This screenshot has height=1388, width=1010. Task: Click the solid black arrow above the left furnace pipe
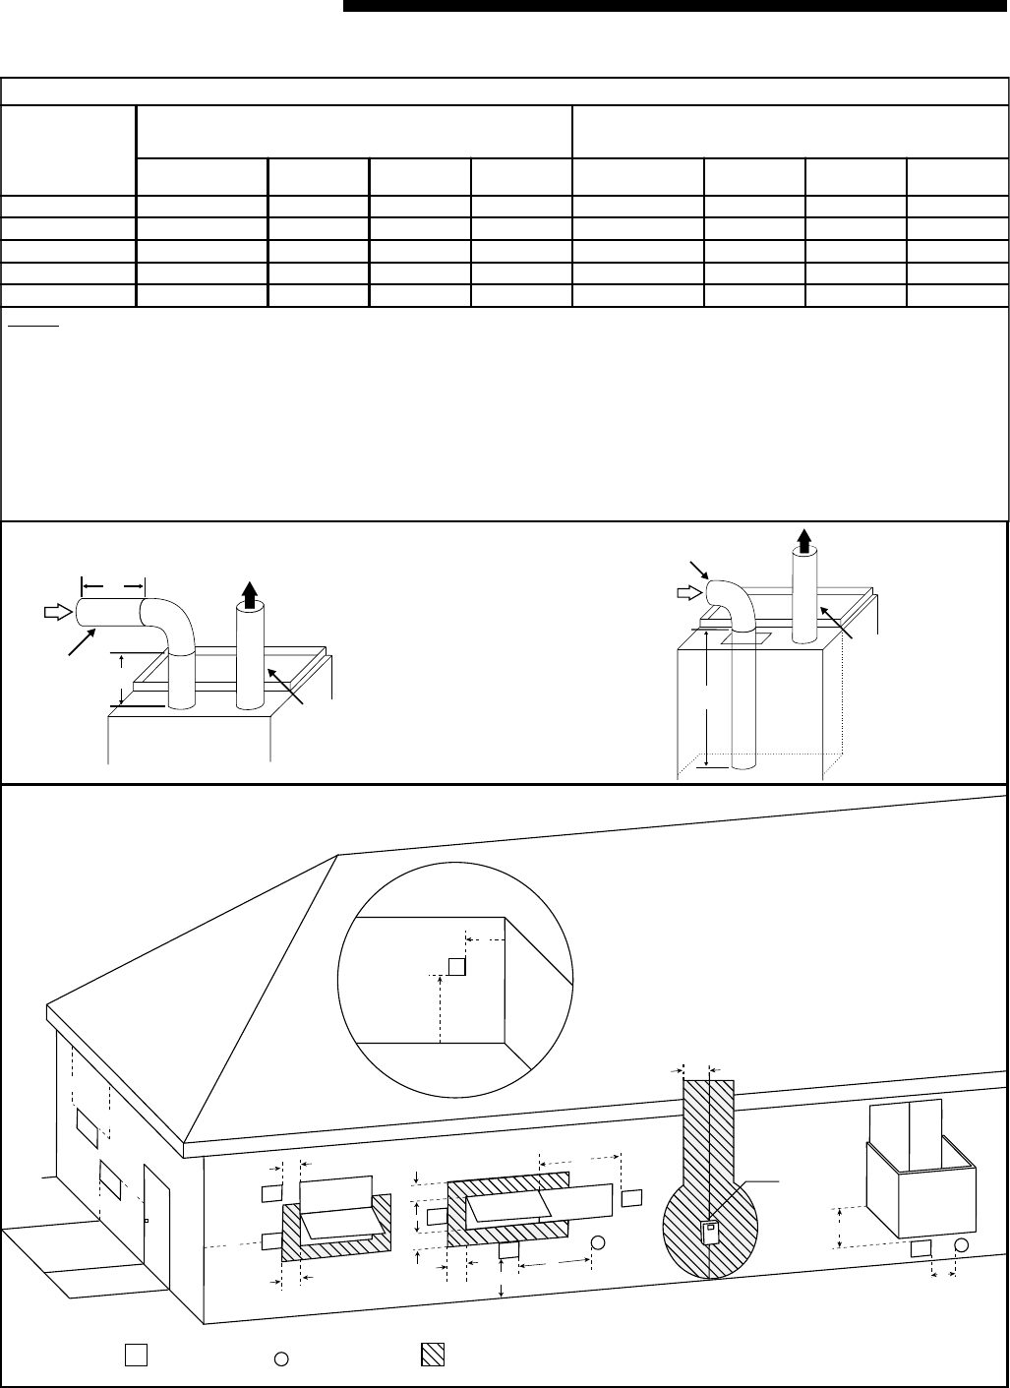point(249,595)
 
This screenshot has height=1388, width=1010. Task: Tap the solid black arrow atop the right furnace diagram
point(804,539)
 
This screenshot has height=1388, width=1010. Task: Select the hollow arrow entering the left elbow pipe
point(56,611)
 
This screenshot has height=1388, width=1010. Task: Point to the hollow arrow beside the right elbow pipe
point(689,592)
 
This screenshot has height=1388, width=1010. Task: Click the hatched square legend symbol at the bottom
point(432,1355)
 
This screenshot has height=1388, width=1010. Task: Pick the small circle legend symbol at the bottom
point(280,1358)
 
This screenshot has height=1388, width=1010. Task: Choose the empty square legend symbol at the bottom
point(136,1355)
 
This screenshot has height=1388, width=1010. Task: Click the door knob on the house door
point(147,1221)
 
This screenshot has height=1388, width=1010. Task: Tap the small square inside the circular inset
point(456,966)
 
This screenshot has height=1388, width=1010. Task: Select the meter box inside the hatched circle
point(708,1231)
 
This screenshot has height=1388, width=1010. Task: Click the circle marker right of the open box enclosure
point(962,1246)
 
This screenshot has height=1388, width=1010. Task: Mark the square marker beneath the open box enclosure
point(921,1247)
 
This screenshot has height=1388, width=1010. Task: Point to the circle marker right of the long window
point(597,1243)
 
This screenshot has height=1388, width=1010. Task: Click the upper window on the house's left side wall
point(87,1128)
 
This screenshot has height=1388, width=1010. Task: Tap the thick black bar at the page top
point(676,6)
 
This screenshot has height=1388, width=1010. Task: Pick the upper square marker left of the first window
point(271,1193)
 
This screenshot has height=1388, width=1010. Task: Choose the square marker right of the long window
point(632,1197)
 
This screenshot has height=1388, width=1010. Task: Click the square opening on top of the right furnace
point(740,638)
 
